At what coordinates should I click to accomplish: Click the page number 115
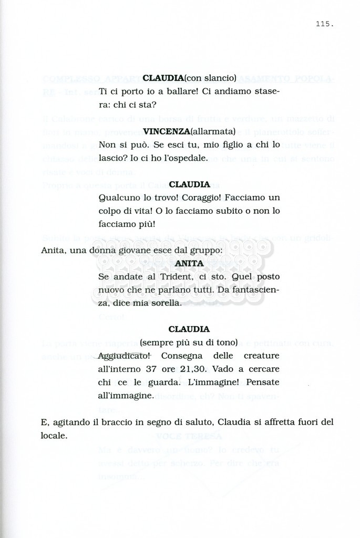[325, 24]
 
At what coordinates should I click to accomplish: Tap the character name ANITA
[189, 263]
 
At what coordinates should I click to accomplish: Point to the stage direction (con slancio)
[210, 78]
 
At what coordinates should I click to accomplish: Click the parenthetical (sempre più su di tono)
[189, 342]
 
